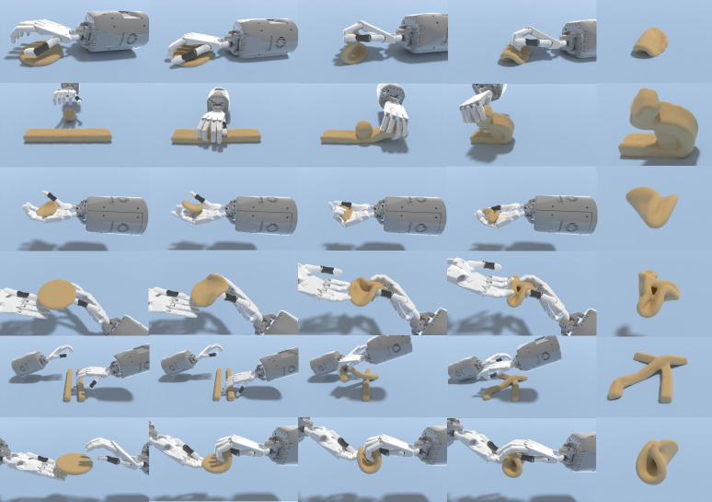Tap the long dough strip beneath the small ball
click(x=67, y=136)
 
